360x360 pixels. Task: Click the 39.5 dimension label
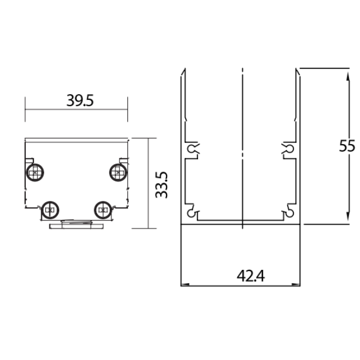pos(80,100)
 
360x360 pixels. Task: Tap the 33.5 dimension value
pos(161,185)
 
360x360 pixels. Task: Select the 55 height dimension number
pos(347,146)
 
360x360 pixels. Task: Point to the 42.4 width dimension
pos(251,276)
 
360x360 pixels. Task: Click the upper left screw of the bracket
pos(35,172)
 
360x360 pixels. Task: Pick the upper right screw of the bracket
pos(118,172)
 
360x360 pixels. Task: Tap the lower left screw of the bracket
pos(50,210)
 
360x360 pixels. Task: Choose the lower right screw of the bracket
pos(103,210)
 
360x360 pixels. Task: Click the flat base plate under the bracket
pos(76,226)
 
